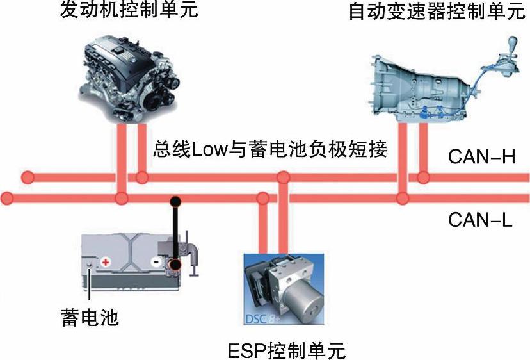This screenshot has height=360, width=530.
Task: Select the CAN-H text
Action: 481,158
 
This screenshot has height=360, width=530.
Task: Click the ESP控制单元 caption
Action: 286,350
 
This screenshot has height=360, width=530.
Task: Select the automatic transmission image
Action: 429,86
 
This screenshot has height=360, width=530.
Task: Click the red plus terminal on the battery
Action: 106,262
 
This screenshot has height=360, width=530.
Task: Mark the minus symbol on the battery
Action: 156,263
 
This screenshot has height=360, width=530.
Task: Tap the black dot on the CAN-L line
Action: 173,201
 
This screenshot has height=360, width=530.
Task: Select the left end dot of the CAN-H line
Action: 27,177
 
